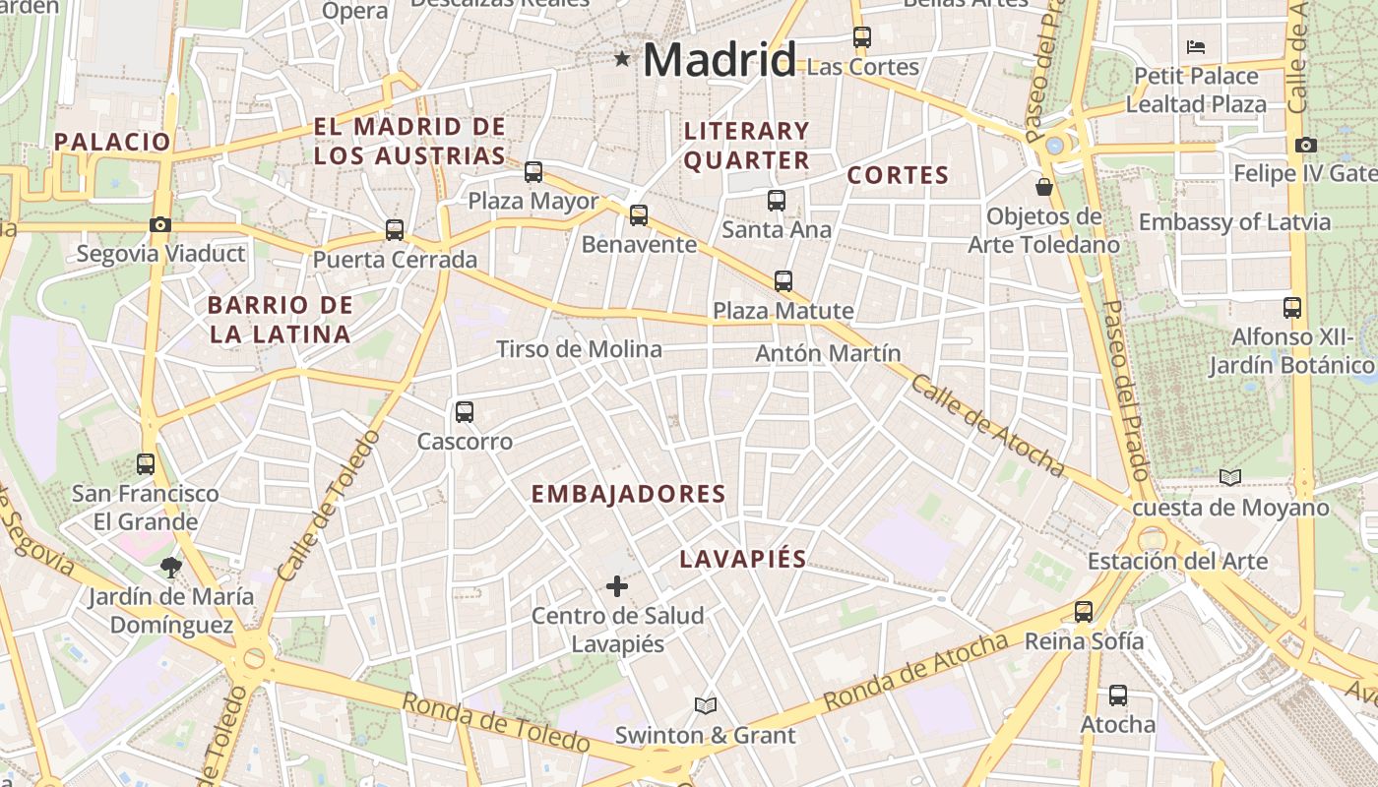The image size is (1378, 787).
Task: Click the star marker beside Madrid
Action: tap(622, 59)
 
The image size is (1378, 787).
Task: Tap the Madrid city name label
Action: tap(719, 60)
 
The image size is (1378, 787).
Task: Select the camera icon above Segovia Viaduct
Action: tap(160, 224)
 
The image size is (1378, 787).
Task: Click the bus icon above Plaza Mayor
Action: tap(533, 172)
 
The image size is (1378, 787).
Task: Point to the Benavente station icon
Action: tap(639, 215)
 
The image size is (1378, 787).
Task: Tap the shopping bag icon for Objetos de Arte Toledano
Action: tap(1043, 186)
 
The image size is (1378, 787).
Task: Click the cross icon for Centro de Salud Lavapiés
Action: tap(617, 586)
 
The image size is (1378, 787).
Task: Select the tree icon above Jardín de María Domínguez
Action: tap(171, 567)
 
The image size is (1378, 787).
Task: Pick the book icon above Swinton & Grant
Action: tap(705, 705)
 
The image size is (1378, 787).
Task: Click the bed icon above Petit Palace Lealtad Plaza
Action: tap(1196, 46)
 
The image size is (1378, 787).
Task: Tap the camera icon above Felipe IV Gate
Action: tap(1306, 146)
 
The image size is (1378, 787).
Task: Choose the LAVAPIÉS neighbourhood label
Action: tap(743, 559)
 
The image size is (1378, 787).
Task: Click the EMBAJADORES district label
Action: tap(628, 494)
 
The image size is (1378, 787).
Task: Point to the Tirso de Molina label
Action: tap(579, 349)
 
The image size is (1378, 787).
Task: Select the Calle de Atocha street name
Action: tap(986, 424)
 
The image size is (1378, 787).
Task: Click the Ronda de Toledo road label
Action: tap(495, 722)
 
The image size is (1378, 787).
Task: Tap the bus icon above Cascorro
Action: tap(465, 412)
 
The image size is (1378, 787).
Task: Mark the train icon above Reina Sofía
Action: tap(1084, 612)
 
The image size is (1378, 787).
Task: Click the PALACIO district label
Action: tap(112, 142)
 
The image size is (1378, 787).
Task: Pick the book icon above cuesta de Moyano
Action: tap(1230, 477)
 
